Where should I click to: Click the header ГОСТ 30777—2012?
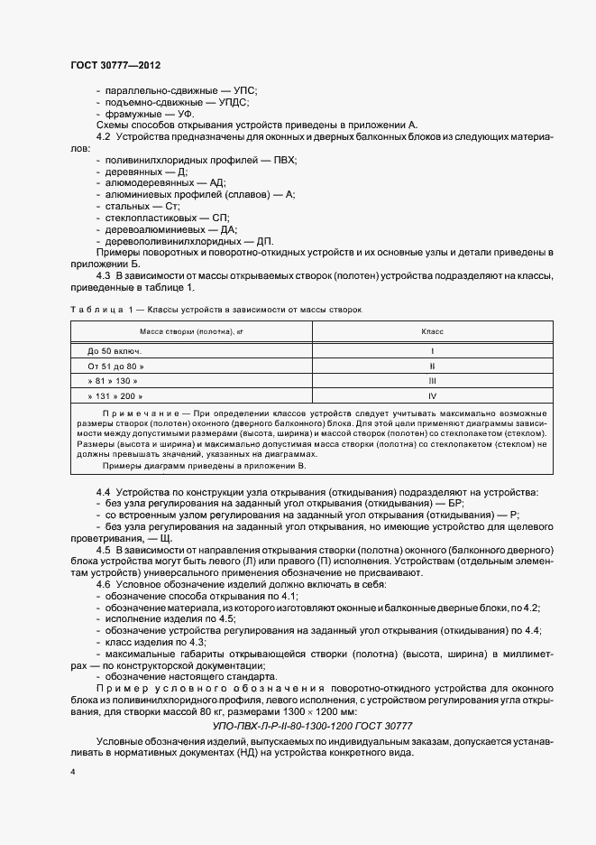click(x=115, y=66)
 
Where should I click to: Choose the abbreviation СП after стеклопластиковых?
click(x=219, y=218)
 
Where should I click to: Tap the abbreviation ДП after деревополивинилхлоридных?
click(x=264, y=241)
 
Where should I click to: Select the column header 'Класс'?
click(x=433, y=331)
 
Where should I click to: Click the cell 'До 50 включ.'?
click(x=115, y=350)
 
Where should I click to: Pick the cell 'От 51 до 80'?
click(x=115, y=366)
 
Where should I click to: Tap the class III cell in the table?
click(x=433, y=381)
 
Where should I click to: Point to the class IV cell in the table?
click(x=433, y=396)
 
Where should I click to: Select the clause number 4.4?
click(x=103, y=491)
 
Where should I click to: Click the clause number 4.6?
click(x=103, y=585)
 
